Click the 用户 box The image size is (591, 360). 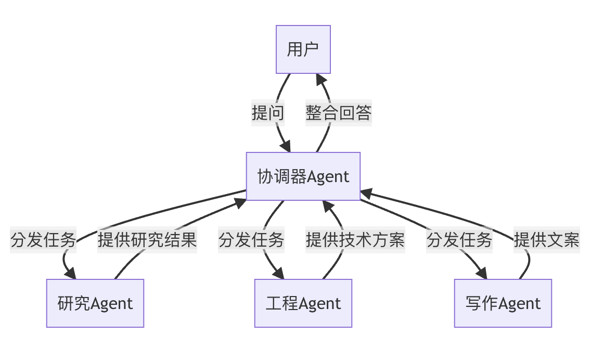coord(303,49)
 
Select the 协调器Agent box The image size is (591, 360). coord(303,176)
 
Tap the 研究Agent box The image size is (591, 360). coord(95,303)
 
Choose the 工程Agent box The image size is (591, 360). coord(303,303)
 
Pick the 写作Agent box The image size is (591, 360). coord(503,303)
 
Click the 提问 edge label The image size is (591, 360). coord(268,112)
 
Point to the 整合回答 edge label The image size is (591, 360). coord(339,112)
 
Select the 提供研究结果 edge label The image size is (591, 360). coord(147,240)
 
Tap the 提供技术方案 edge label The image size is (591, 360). coord(355,240)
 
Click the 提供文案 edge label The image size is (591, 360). coord(546,240)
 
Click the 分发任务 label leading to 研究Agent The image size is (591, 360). coord(43,240)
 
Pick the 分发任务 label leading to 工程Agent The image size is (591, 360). coord(251,240)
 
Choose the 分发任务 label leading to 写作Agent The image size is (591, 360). coord(459,240)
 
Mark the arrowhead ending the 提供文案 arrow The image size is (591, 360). coord(366,193)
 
